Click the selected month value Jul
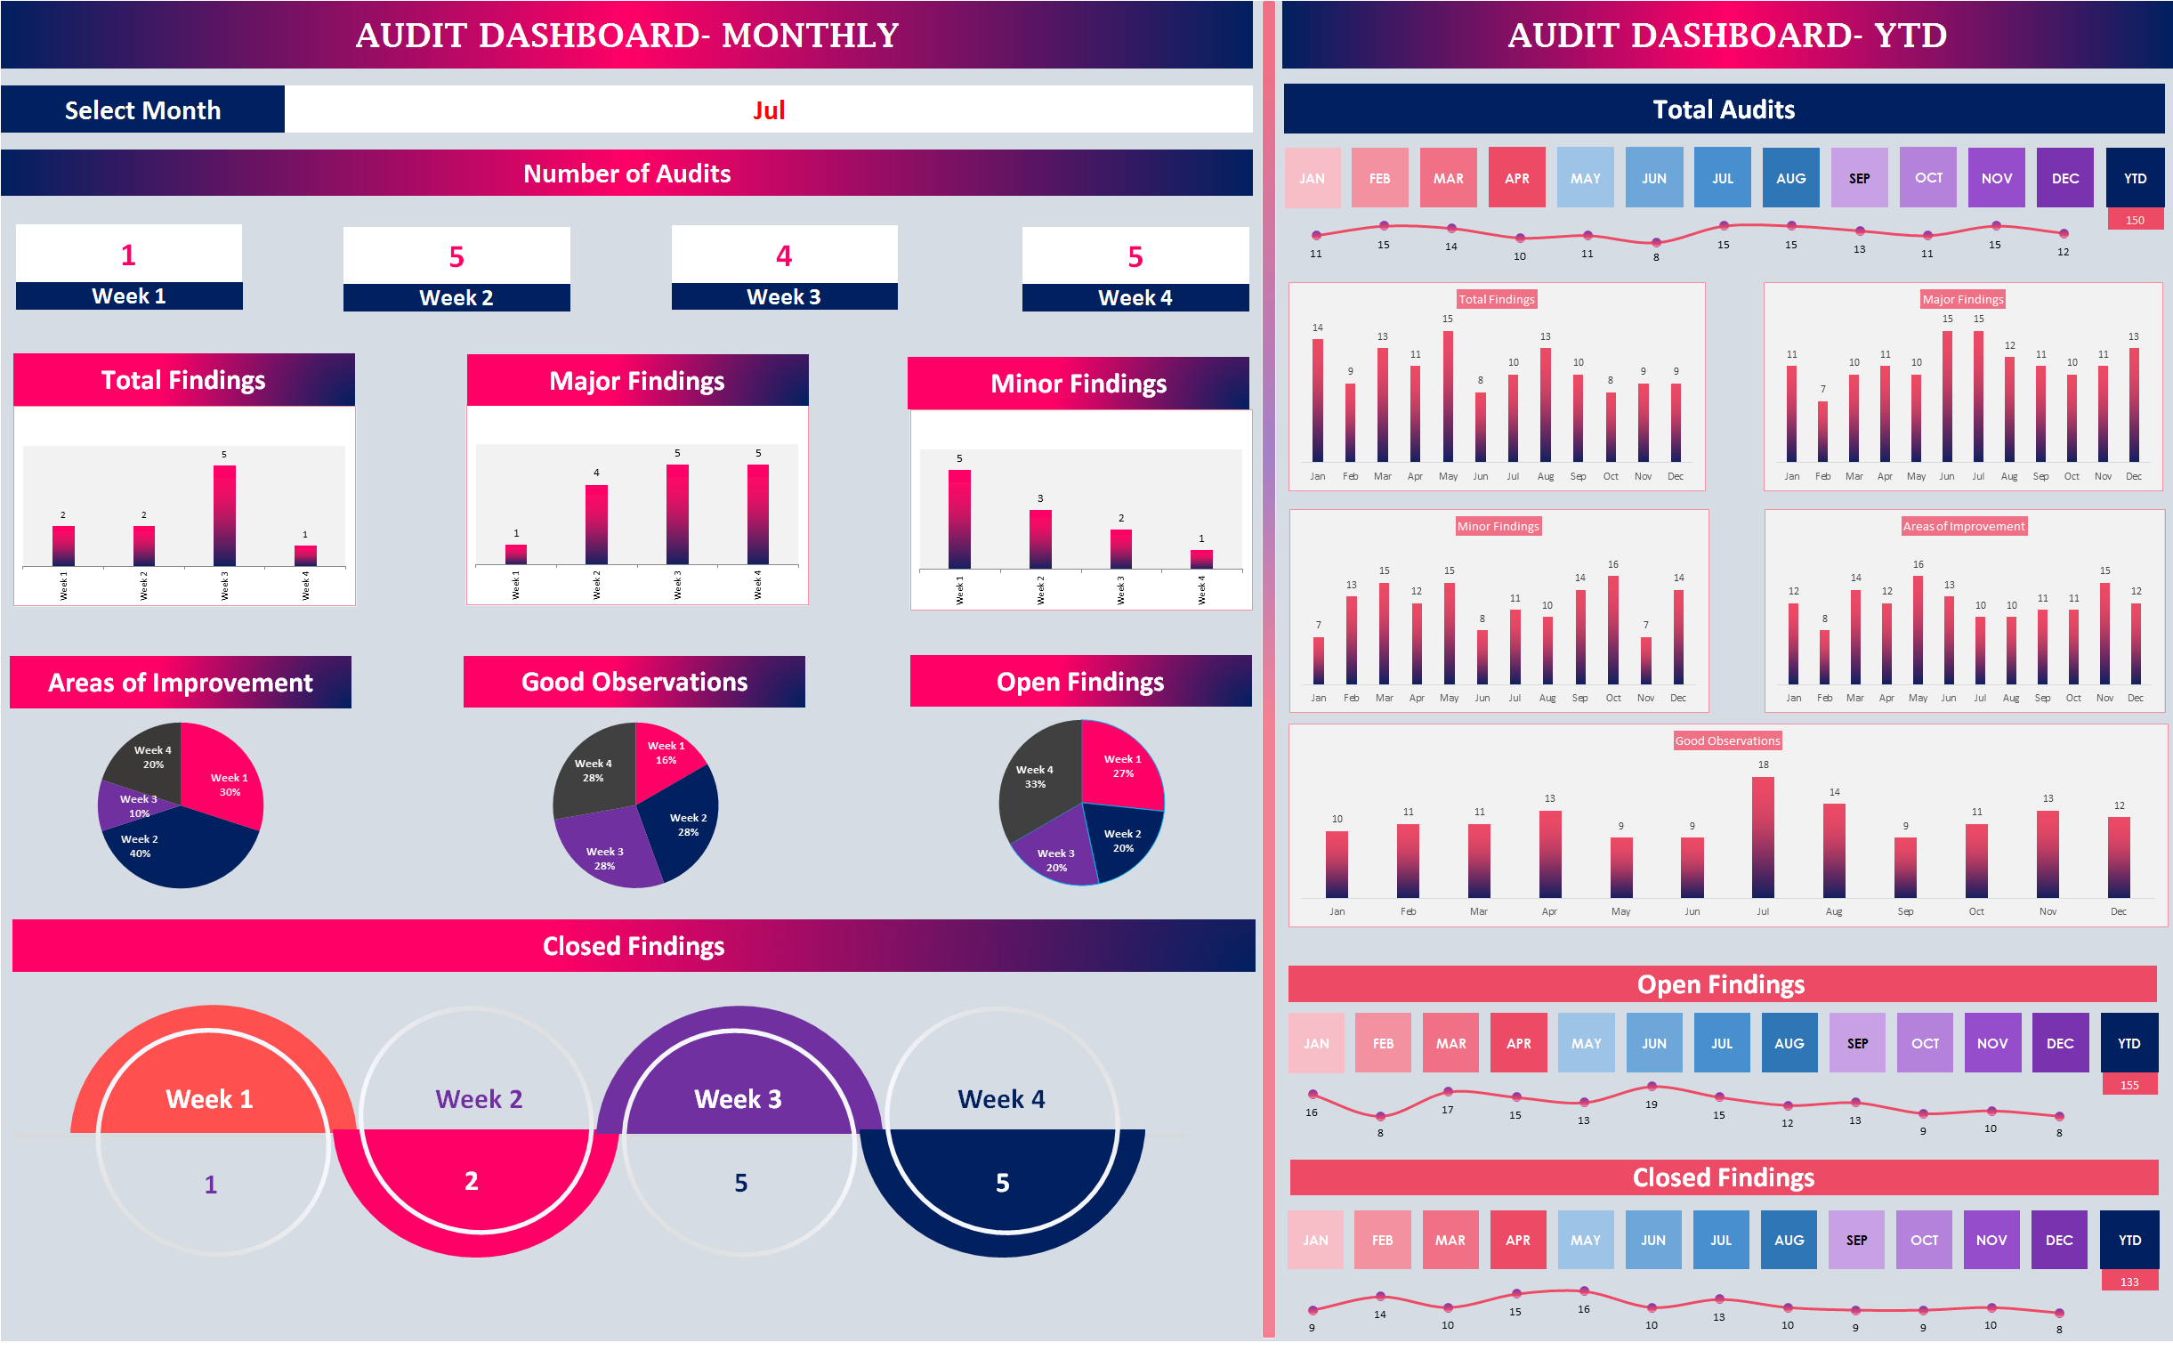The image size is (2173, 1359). click(768, 109)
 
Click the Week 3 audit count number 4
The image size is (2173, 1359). click(784, 256)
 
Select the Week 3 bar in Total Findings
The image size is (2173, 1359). click(223, 515)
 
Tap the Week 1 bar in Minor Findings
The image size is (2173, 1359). click(959, 519)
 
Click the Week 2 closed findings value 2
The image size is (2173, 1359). click(471, 1181)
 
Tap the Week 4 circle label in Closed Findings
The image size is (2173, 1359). click(1001, 1098)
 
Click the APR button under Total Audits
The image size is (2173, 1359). click(1517, 178)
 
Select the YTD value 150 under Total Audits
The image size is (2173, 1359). click(2135, 220)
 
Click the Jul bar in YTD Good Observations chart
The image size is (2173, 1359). click(1762, 837)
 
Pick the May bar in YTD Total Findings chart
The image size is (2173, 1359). click(1448, 396)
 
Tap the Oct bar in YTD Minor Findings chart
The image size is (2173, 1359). click(1613, 630)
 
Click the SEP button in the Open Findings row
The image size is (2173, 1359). click(1858, 1044)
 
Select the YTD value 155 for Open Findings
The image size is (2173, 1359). click(2129, 1085)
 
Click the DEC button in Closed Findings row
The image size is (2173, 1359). click(2059, 1241)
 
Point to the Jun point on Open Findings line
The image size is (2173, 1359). click(1652, 1087)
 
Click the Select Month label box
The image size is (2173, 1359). click(143, 109)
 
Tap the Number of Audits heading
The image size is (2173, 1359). click(626, 174)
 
